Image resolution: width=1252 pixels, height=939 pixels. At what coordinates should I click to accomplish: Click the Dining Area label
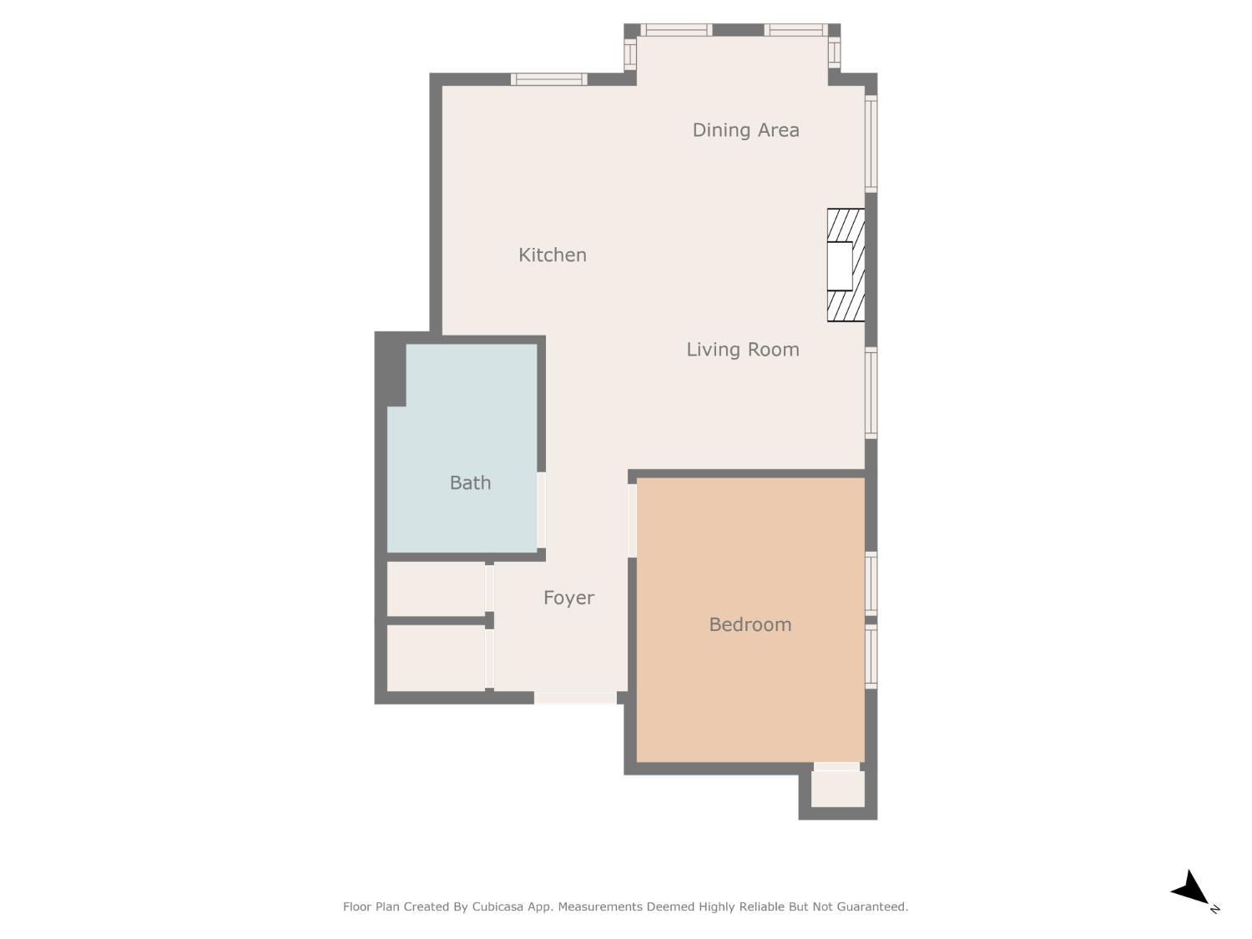click(745, 130)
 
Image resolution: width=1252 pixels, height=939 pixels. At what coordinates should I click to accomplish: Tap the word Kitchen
click(552, 255)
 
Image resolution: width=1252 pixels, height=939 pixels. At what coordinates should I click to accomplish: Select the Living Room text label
click(742, 350)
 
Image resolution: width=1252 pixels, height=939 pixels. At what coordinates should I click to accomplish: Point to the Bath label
click(470, 482)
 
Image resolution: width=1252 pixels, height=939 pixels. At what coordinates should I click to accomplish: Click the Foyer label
click(568, 598)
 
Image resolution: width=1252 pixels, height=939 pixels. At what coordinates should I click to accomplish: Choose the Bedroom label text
click(750, 624)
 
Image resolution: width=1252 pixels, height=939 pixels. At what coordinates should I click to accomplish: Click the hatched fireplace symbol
click(846, 265)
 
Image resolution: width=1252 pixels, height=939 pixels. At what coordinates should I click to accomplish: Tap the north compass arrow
click(1191, 890)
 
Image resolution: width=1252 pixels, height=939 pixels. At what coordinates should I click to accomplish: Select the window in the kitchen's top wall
click(548, 79)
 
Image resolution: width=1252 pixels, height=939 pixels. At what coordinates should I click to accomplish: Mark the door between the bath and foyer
click(542, 510)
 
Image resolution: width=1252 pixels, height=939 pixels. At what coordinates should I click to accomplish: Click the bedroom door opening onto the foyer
click(632, 520)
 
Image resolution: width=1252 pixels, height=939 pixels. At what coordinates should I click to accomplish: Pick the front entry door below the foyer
click(575, 698)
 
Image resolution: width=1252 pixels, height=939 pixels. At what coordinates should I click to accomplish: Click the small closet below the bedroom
click(837, 789)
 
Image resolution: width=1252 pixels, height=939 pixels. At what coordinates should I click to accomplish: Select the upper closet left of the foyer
click(436, 589)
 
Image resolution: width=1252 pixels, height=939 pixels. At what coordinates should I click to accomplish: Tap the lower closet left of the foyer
click(436, 658)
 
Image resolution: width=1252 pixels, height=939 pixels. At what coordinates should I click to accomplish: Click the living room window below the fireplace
click(871, 393)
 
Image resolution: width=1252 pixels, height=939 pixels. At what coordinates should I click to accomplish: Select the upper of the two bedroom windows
click(871, 583)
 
